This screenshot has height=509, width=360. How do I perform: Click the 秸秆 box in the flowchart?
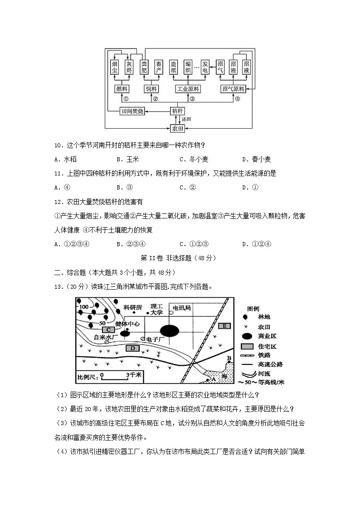tap(178, 111)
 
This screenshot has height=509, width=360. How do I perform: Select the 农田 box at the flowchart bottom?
tap(178, 128)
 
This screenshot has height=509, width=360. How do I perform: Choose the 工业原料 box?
tap(188, 89)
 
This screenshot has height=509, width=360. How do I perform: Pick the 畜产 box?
tap(158, 67)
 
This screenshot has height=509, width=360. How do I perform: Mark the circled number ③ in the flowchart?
tap(192, 99)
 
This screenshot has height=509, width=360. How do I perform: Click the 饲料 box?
tap(151, 89)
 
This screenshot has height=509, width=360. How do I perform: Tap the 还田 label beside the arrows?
tap(186, 119)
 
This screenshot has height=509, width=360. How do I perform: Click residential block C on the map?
tap(109, 330)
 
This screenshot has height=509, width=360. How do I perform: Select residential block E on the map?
tap(224, 326)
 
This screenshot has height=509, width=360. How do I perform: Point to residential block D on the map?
tap(132, 348)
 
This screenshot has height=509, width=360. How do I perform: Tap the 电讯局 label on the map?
tap(181, 308)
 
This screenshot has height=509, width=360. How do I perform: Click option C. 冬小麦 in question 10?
tap(194, 159)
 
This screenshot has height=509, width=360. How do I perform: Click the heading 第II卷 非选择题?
tap(179, 258)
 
